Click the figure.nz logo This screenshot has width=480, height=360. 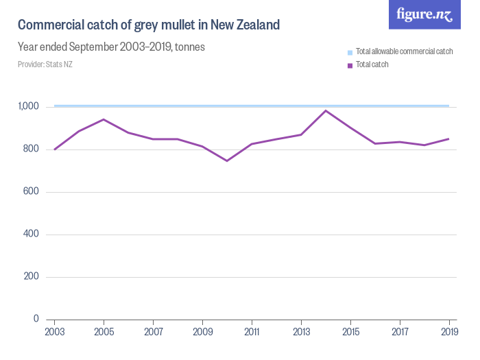point(424,14)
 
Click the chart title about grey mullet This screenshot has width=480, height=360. point(149,25)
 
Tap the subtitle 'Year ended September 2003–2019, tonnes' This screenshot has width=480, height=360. point(111,47)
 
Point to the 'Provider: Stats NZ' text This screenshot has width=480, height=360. point(45,64)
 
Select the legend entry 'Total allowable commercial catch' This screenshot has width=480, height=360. point(404,52)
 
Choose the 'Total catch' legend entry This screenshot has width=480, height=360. point(372,65)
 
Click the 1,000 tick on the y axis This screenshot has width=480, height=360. point(29,106)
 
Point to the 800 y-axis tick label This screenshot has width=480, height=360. point(32,149)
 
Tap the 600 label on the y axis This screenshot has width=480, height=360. point(32,192)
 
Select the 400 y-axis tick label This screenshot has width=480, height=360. point(32,235)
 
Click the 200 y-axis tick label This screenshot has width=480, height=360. point(32,277)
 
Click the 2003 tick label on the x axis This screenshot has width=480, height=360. point(54,331)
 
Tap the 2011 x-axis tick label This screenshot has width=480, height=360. point(252,331)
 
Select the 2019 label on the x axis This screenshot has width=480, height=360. point(449,331)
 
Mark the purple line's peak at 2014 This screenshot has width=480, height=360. point(326,110)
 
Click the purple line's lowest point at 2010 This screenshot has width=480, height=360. point(227,160)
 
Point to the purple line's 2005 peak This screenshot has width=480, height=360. point(104,119)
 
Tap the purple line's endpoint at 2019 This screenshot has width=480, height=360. point(449,139)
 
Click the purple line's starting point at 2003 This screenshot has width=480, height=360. point(54,149)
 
